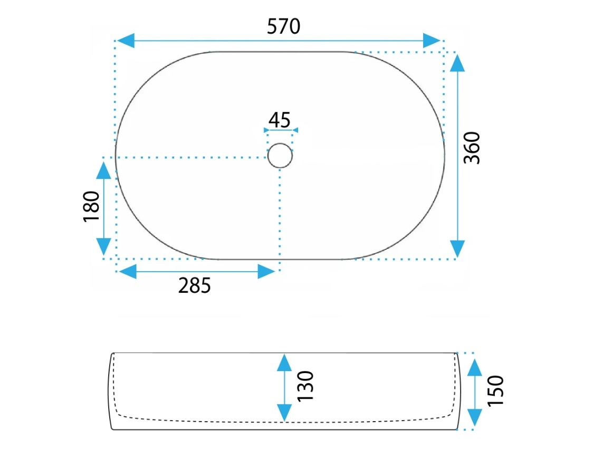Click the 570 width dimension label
(284, 26)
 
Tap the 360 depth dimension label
(472, 148)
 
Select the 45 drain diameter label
(280, 120)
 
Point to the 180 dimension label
(91, 206)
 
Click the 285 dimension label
(194, 285)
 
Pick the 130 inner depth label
(305, 386)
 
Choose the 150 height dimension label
(496, 391)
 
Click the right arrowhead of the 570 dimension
(432, 41)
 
